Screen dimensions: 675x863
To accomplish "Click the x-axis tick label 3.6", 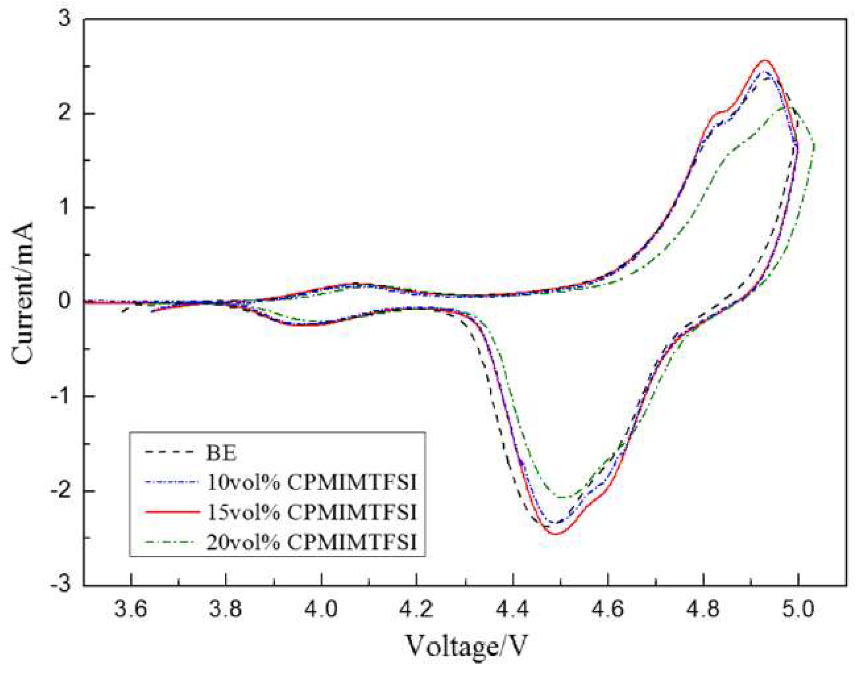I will [130, 609].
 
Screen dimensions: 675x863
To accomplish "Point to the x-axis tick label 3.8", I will [226, 609].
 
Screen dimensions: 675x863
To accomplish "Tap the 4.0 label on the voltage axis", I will [321, 609].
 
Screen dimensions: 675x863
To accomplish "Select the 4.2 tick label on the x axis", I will [417, 609].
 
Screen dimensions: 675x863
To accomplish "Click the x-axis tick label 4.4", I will [513, 609].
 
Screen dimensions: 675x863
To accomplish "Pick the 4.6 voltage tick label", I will [608, 609].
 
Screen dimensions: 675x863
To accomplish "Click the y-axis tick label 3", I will [65, 19].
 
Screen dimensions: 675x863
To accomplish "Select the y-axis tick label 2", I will [65, 114].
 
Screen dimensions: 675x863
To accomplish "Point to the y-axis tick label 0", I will [65, 301].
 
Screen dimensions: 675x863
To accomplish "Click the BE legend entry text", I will [221, 452].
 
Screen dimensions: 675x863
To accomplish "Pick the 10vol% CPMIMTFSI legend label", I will [311, 482].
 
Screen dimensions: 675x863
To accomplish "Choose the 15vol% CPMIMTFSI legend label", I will [311, 512].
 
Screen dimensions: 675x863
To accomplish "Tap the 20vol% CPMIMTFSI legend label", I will [311, 543].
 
